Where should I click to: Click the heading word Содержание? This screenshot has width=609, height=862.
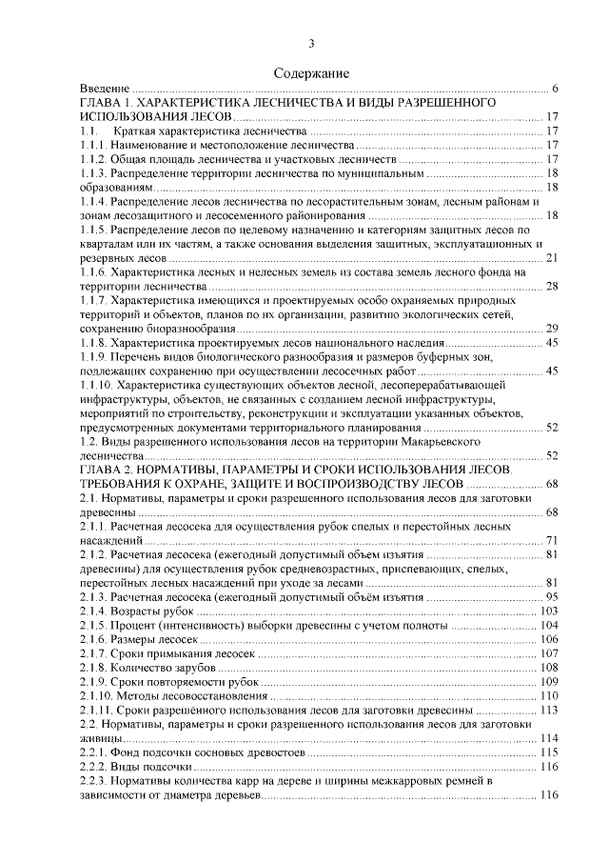click(311, 73)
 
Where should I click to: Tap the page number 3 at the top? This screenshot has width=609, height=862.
click(311, 43)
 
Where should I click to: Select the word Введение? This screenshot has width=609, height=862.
click(104, 89)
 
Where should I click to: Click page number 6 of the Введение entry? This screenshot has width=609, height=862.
click(554, 89)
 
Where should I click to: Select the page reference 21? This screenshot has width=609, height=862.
click(550, 258)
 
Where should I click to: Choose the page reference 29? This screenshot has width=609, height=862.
click(550, 329)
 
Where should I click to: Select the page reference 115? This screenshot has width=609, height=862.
click(547, 752)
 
